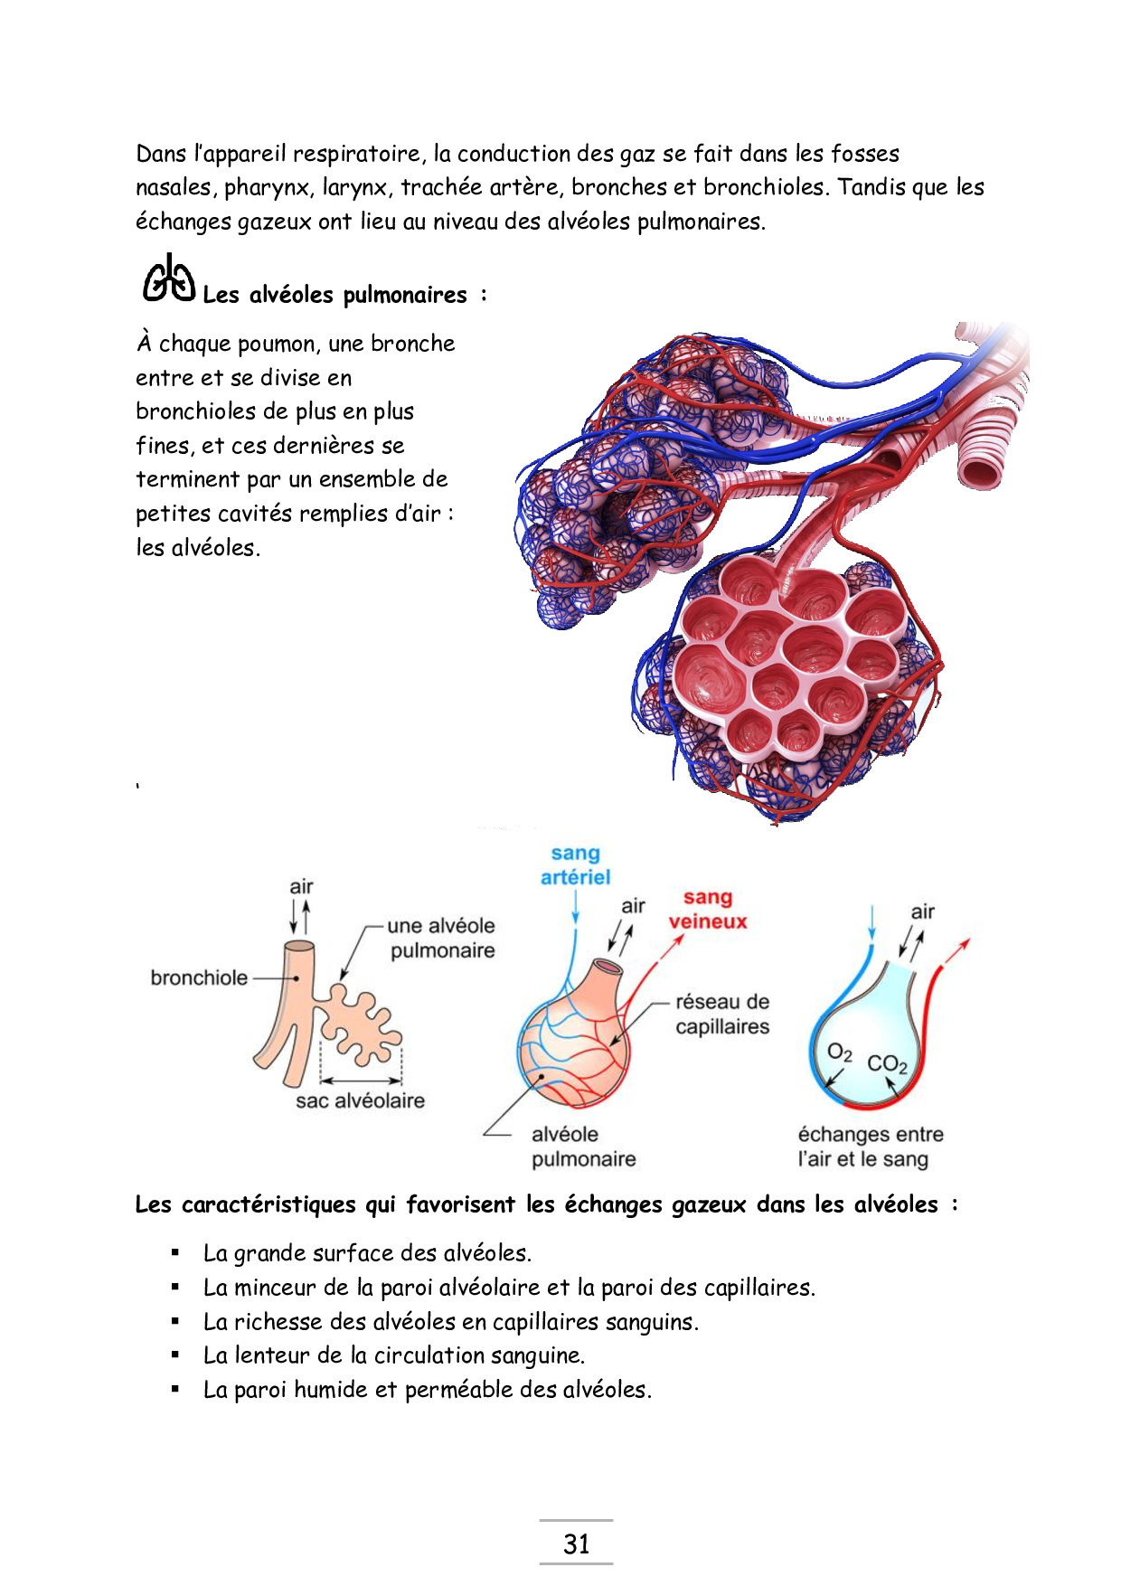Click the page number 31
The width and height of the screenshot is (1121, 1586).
[x=576, y=1544]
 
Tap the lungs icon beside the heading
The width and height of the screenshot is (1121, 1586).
[x=169, y=278]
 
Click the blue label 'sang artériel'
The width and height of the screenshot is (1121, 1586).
[x=576, y=865]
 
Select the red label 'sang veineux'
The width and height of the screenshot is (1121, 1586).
[x=708, y=910]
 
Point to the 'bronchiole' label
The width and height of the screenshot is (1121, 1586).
[x=199, y=977]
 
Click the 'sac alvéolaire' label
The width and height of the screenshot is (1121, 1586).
[x=360, y=1100]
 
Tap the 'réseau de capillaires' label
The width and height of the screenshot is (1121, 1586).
[x=722, y=1014]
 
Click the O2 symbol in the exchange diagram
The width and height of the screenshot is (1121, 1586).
[x=840, y=1053]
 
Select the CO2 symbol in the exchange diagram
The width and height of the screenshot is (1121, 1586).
[x=887, y=1064]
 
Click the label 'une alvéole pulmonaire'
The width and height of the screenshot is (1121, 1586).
[x=441, y=938]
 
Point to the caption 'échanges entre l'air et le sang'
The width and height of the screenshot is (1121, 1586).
[x=870, y=1147]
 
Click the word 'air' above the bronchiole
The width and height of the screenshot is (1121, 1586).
[x=301, y=886]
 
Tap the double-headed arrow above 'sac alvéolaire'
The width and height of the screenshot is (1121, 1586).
[x=361, y=1080]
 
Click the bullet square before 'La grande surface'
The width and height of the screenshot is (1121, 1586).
[x=175, y=1253]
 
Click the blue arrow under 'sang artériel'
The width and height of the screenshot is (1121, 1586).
[x=576, y=907]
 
